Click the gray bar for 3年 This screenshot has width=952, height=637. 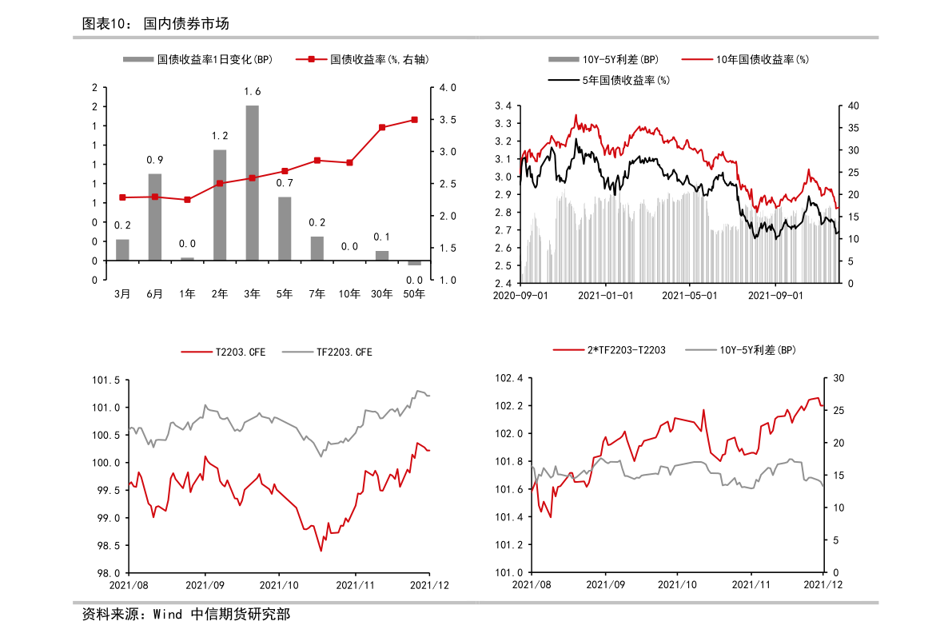(252, 182)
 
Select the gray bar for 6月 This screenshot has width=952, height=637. (154, 217)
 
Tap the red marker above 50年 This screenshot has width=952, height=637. (414, 120)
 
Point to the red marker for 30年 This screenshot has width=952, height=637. (382, 127)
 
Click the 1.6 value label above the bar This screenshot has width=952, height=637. (252, 91)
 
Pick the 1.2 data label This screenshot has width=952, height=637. (220, 136)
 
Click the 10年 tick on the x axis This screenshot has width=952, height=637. (349, 294)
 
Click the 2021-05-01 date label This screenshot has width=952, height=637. (690, 295)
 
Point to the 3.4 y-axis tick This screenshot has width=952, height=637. (503, 106)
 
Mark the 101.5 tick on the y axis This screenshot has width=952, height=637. (106, 380)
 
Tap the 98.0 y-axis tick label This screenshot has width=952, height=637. (109, 573)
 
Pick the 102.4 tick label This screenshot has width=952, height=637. (509, 378)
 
